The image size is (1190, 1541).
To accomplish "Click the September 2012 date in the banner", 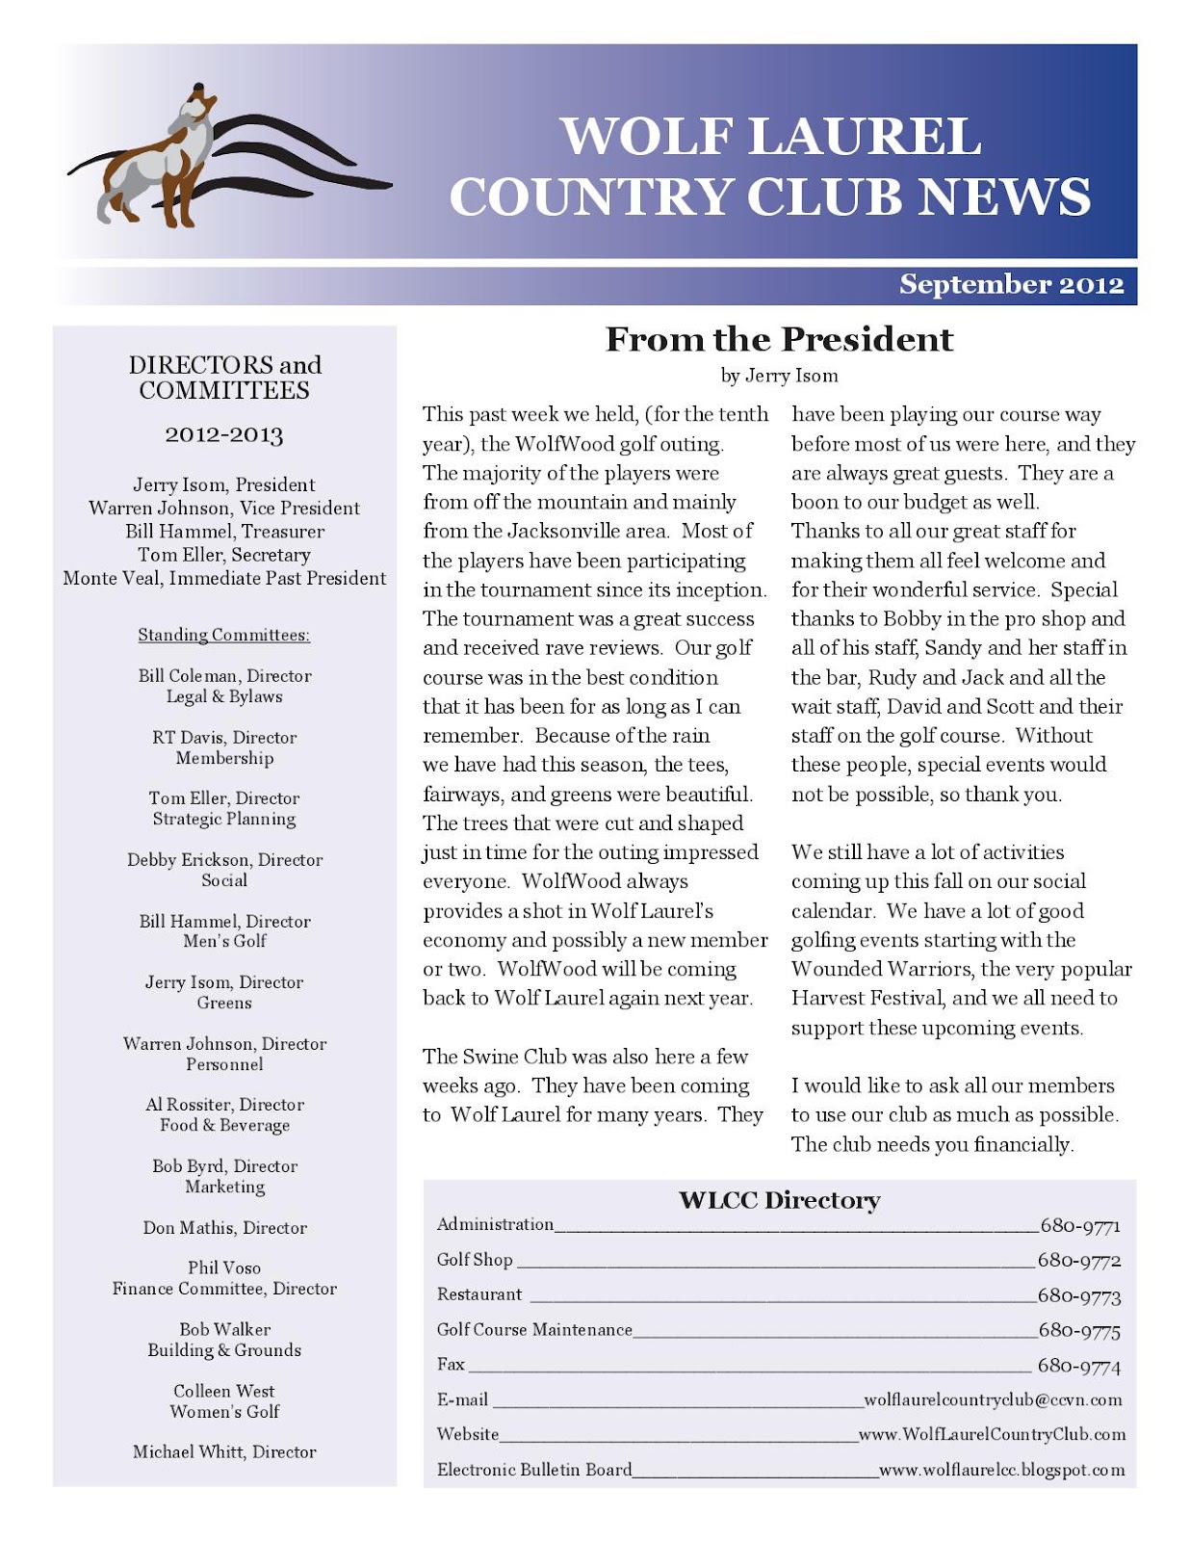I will point(1011,285).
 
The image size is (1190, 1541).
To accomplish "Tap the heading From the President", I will point(779,340).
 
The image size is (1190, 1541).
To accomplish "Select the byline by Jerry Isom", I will point(779,376).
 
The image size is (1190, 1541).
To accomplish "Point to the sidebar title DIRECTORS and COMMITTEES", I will point(225,378).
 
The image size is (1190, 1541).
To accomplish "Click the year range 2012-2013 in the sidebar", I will point(224,435).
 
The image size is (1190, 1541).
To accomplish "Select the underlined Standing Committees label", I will point(224,636).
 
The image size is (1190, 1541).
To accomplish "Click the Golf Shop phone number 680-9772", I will point(1078,1261).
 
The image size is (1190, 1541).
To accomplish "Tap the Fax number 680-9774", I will point(1078,1366).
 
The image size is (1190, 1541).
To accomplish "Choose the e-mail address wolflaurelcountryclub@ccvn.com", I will point(993,1399).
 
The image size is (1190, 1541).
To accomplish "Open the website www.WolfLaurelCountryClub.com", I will point(992,1434).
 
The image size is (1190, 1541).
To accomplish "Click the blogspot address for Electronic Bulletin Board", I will point(1001,1470).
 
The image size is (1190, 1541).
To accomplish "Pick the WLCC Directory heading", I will point(779,1201).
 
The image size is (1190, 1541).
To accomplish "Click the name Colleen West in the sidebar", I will point(224,1391).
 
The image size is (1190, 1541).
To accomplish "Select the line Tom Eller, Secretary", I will point(224,555).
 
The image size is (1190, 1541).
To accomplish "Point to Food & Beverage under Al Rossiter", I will point(224,1125).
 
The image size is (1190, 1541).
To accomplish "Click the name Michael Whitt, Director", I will point(224,1451).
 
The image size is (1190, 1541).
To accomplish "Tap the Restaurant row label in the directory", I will point(479,1294).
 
